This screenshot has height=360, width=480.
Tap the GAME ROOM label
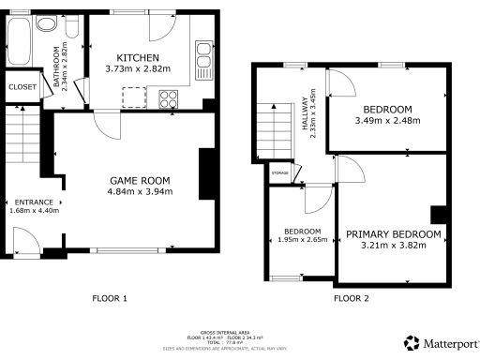(x=140, y=180)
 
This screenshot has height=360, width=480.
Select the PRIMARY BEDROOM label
(x=393, y=234)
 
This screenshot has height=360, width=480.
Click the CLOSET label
(x=22, y=86)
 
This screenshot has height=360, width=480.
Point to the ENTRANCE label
(x=33, y=201)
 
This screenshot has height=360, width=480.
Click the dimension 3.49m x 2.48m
(x=388, y=120)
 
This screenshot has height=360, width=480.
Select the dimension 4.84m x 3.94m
(x=140, y=192)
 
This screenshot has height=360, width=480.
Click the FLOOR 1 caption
(x=109, y=299)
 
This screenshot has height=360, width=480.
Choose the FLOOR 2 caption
(x=352, y=299)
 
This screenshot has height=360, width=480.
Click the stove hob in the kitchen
(x=170, y=97)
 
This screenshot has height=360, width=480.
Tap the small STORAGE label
(x=279, y=172)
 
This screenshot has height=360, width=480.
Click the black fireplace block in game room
(x=204, y=173)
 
